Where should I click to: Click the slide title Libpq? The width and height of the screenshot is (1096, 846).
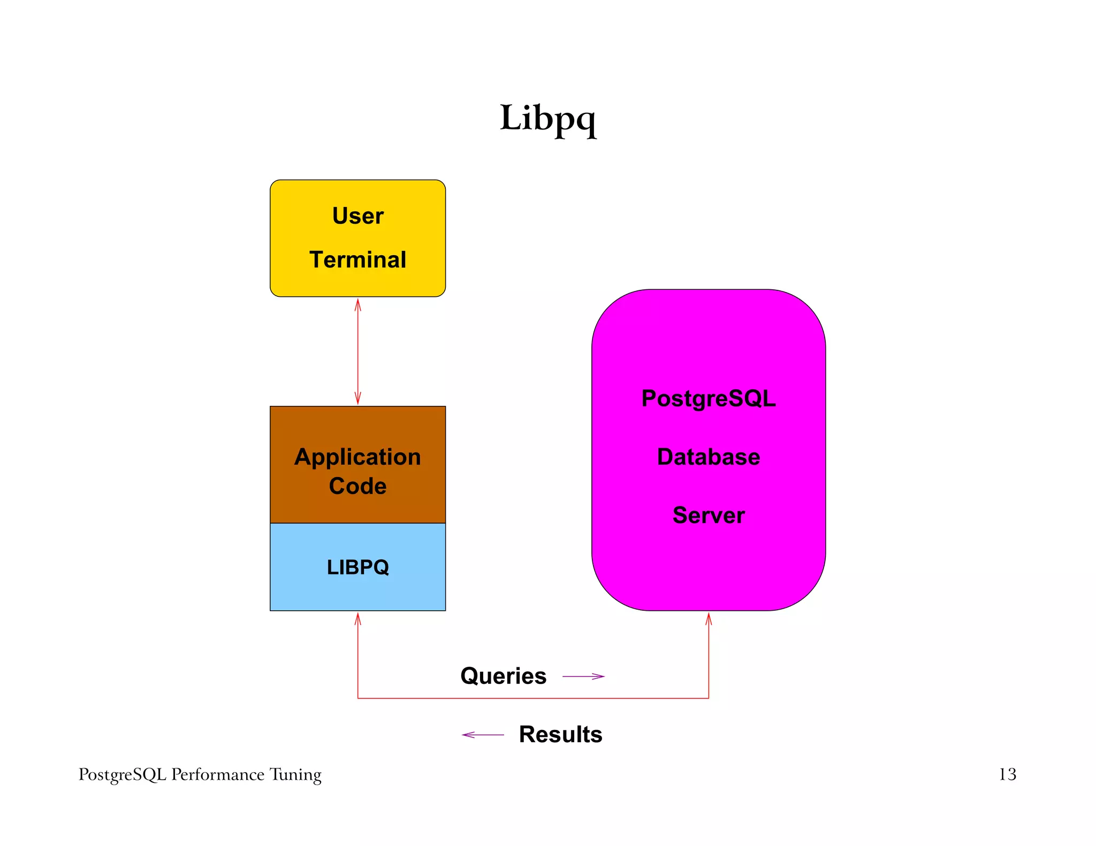point(547,119)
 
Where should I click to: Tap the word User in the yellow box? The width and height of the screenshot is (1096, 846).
point(357,216)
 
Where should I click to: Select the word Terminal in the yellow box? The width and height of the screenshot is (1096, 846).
point(357,260)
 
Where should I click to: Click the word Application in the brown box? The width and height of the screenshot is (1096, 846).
point(357,458)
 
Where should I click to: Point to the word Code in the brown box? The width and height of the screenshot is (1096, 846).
point(357,486)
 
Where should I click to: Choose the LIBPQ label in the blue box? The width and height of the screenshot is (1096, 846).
point(357,567)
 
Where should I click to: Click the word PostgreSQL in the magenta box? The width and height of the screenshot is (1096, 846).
point(708,399)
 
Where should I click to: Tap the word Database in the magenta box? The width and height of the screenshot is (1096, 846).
point(708,457)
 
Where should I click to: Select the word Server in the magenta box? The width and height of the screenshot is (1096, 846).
point(708,516)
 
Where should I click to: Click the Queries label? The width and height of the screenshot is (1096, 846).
point(503,676)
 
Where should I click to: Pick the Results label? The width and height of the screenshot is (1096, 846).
point(560,735)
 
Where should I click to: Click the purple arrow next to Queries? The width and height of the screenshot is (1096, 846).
point(583,676)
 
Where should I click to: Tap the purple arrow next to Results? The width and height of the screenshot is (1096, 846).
point(483,735)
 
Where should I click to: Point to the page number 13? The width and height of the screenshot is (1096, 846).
point(1007,774)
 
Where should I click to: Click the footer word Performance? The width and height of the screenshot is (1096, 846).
point(218,775)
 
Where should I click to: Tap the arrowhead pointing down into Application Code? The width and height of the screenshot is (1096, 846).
point(358,399)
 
